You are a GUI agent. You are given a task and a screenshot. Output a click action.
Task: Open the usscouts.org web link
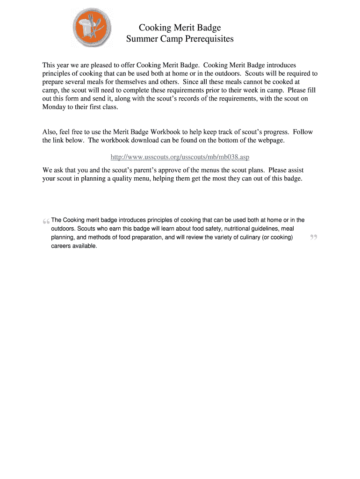(183, 157)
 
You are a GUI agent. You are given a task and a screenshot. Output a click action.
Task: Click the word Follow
(303, 132)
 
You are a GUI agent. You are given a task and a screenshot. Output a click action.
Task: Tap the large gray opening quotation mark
(46, 221)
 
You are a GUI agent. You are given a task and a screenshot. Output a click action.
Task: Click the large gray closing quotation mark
(313, 238)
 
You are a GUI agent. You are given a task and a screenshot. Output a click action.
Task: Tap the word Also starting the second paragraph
(50, 132)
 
